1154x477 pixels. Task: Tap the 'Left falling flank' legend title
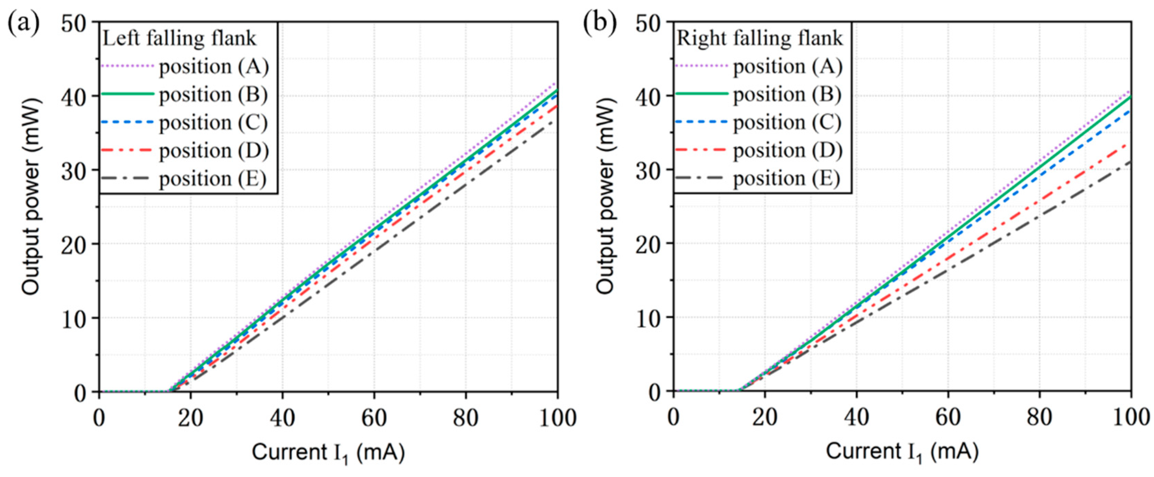pos(180,38)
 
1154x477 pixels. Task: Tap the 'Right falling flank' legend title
pos(759,38)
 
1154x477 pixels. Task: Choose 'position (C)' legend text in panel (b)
pos(787,122)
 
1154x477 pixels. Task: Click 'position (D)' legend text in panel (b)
pos(788,150)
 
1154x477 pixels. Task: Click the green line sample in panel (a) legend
pos(128,94)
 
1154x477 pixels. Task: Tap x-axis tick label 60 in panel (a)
pos(374,418)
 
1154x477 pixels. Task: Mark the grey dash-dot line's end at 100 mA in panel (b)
pos(1130,162)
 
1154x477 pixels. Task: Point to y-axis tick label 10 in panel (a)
pos(73,319)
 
